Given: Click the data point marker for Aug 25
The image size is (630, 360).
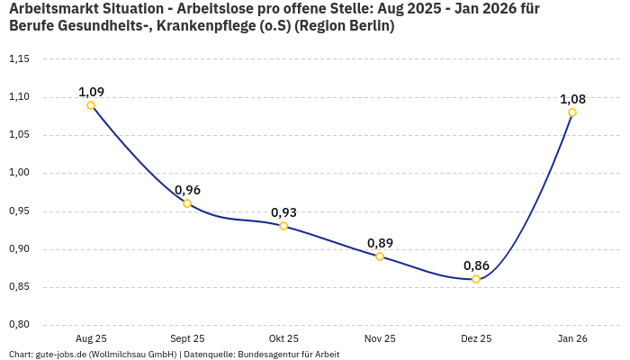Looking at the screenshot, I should tap(91, 105).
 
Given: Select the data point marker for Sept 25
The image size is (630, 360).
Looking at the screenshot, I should tap(187, 203).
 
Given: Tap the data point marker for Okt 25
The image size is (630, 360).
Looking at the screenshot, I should tap(283, 226).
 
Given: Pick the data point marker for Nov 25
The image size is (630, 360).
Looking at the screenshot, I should tap(380, 256).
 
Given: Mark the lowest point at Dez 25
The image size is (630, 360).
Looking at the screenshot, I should tap(476, 279).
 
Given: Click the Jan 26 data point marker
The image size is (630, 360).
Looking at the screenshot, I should tap(572, 112).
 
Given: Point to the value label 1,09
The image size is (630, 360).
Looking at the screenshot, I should tap(91, 92).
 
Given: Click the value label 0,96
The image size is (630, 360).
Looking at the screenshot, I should tap(187, 190).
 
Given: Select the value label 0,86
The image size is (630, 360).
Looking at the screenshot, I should tap(476, 265).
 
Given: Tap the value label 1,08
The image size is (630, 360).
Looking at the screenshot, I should tap(572, 99).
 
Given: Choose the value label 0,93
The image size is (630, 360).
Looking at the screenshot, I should tap(283, 212).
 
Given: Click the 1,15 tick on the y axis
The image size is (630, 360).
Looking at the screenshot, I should tap(19, 59).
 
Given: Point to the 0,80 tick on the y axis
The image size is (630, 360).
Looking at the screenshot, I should tap(19, 325).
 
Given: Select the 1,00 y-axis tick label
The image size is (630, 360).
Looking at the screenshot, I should tap(19, 173).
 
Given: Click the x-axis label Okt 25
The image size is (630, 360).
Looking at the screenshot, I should tap(283, 338).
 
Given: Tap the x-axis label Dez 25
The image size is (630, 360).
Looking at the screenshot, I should tap(476, 338).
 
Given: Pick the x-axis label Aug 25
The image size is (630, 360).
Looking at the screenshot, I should tap(91, 338).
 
